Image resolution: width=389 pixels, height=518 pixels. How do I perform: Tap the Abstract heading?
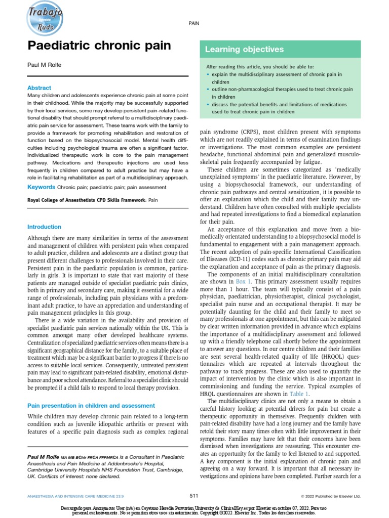[39, 88]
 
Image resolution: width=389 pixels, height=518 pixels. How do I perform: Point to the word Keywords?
[41, 188]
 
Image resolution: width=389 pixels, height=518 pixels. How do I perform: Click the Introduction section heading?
[44, 227]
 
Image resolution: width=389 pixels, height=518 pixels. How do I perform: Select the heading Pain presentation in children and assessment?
[91, 405]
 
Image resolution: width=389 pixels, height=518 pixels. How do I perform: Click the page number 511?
[194, 495]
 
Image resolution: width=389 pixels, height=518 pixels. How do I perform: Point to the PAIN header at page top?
[194, 23]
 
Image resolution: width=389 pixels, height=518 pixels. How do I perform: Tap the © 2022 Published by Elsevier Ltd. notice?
[330, 496]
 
